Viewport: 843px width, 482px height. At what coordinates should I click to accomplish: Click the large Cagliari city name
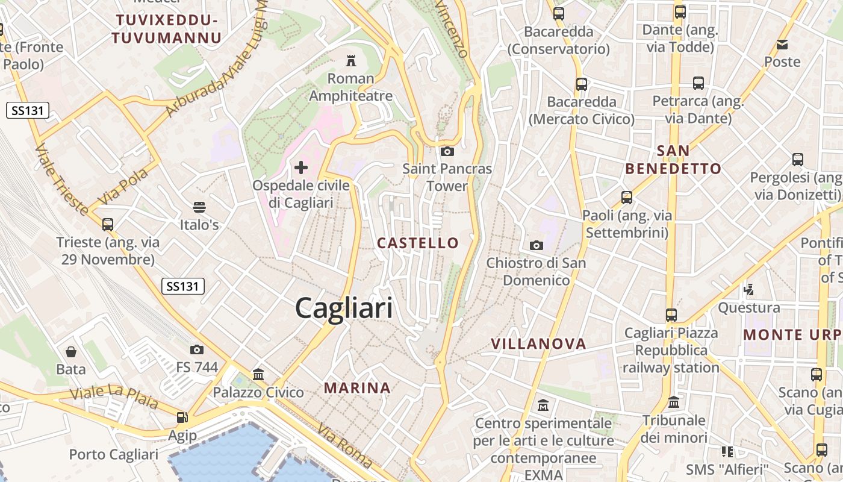pos(344,308)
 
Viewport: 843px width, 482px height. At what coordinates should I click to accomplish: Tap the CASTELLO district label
pos(418,243)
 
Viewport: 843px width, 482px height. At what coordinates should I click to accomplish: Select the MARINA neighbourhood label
pos(358,387)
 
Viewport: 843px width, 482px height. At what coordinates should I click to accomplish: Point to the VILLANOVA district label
pos(538,343)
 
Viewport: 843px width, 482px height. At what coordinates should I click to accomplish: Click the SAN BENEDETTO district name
pos(673,160)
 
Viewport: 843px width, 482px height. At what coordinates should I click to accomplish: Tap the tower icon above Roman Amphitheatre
pos(350,60)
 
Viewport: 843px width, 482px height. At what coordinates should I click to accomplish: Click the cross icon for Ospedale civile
pos(301,167)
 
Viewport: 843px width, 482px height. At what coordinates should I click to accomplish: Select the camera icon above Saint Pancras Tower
pos(447,151)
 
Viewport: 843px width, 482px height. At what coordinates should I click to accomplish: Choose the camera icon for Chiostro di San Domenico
pos(536,245)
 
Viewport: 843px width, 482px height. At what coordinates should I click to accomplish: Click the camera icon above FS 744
pos(197,349)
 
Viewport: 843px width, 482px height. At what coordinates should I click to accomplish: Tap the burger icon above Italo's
pos(199,207)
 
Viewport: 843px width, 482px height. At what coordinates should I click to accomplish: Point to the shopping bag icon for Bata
pos(71,351)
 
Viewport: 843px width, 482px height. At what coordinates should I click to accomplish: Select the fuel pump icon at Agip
pos(182,418)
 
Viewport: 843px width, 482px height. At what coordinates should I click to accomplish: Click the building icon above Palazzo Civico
pos(258,375)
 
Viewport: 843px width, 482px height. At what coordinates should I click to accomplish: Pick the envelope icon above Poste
pos(782,44)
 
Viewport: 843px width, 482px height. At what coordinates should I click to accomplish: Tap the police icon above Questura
pos(748,290)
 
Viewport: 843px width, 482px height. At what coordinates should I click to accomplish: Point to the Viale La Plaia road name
pos(114,398)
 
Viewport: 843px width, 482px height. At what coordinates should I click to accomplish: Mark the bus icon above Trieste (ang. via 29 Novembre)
pos(108,225)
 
